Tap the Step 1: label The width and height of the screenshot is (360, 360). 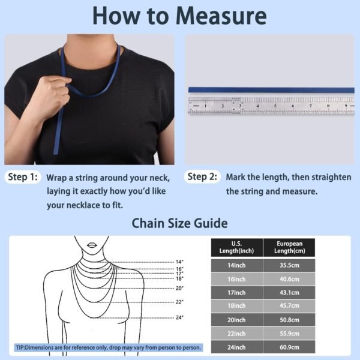pyautogui.click(x=22, y=177)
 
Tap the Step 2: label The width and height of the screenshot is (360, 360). pyautogui.click(x=202, y=177)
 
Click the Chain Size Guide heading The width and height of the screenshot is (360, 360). pyautogui.click(x=179, y=224)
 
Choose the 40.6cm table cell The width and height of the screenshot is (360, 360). pyautogui.click(x=289, y=280)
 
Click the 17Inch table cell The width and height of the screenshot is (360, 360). pyautogui.click(x=236, y=293)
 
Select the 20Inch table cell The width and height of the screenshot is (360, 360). pyautogui.click(x=236, y=320)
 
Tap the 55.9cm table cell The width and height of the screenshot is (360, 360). pyautogui.click(x=289, y=334)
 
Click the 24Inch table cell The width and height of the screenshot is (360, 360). pyautogui.click(x=236, y=347)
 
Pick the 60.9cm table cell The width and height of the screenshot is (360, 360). pyautogui.click(x=289, y=347)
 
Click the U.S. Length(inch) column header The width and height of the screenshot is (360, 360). pyautogui.click(x=236, y=247)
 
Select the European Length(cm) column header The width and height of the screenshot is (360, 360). pyautogui.click(x=289, y=247)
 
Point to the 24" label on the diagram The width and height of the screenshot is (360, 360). pyautogui.click(x=179, y=317)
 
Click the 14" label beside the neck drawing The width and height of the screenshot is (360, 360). pyautogui.click(x=179, y=262)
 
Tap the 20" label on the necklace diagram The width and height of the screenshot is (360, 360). pyautogui.click(x=179, y=288)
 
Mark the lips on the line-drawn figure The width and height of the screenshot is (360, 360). pyautogui.click(x=92, y=244)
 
